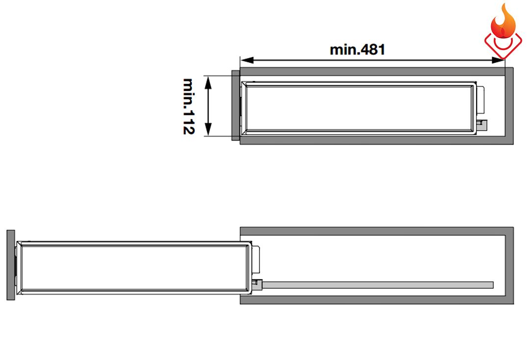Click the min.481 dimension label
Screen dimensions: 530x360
pyautogui.click(x=357, y=50)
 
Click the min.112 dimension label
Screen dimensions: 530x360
pyautogui.click(x=188, y=106)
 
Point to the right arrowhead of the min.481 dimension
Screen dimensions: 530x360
pyautogui.click(x=498, y=60)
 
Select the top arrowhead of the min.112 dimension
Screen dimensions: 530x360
pyautogui.click(x=208, y=82)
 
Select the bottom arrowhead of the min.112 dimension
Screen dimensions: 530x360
pyautogui.click(x=208, y=130)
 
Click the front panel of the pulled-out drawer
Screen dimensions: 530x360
pyautogui.click(x=11, y=265)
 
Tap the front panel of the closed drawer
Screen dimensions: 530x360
pyautogui.click(x=236, y=105)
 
